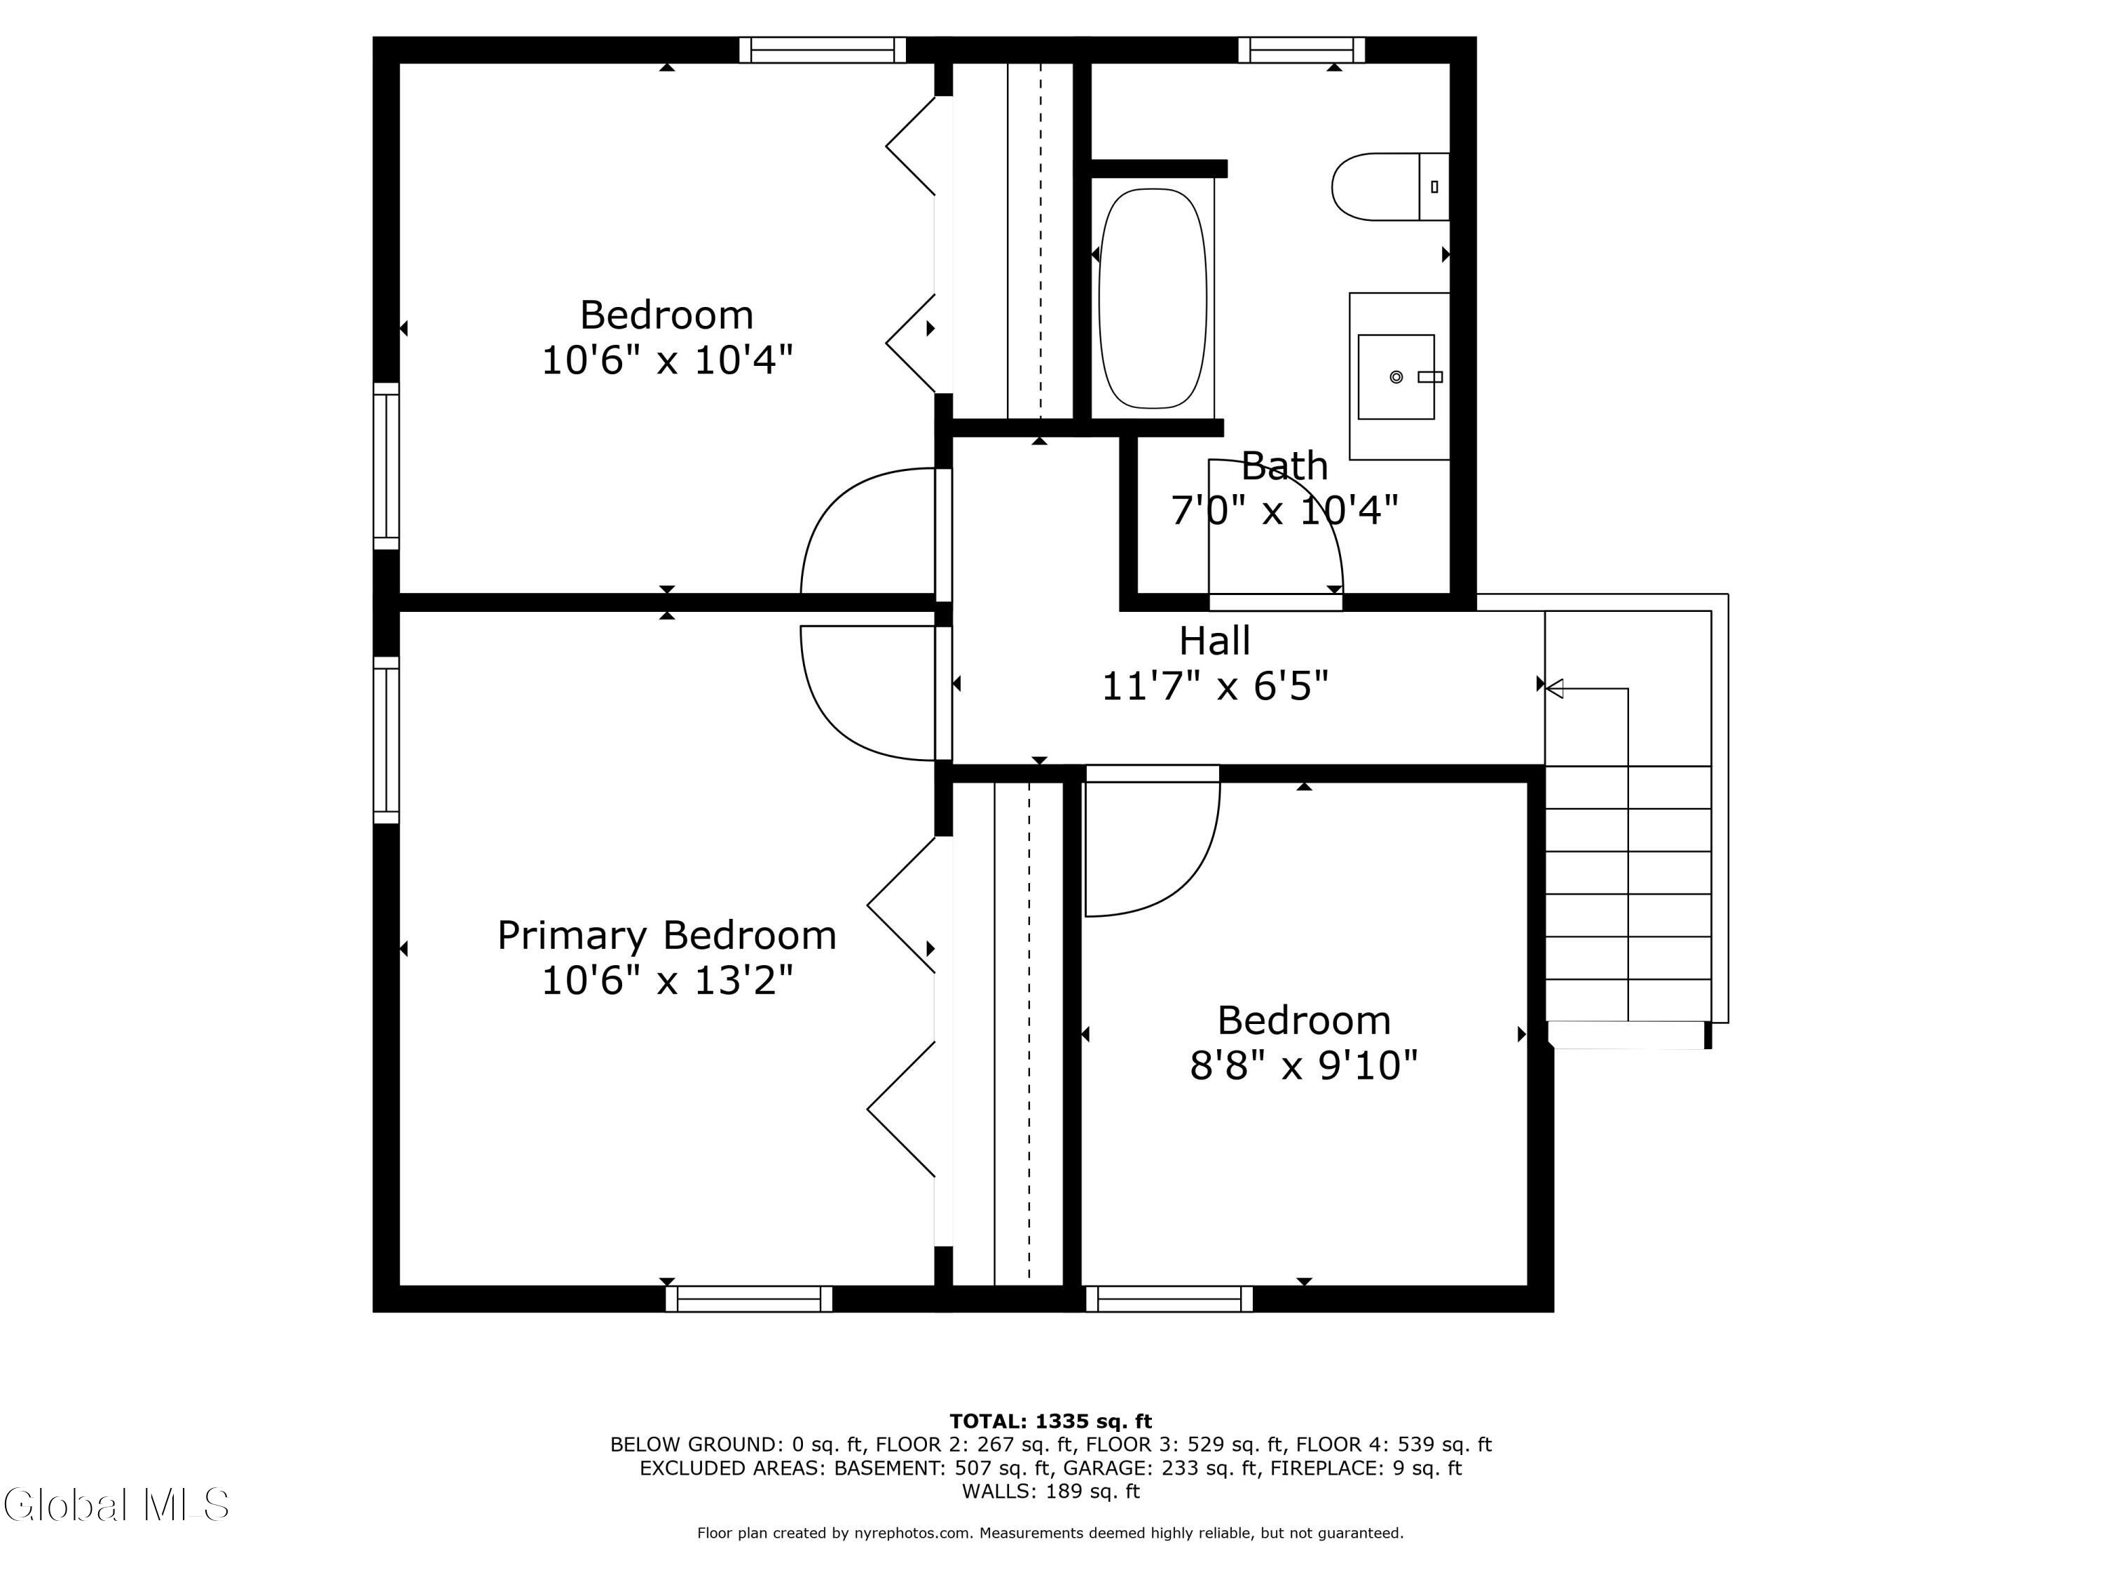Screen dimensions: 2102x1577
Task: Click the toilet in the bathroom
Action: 1389,186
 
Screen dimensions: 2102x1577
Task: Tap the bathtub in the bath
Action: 1153,299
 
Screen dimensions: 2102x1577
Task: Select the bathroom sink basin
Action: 1396,376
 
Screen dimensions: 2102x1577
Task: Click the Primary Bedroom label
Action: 667,936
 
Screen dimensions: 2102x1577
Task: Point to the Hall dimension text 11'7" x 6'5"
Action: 1214,684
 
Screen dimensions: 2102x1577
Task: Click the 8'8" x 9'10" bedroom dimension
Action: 1304,1065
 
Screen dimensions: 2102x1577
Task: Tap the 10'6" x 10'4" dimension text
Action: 667,360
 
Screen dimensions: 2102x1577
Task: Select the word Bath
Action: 1285,466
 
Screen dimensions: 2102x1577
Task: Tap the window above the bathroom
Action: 1301,50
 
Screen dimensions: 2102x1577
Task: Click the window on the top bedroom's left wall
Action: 386,466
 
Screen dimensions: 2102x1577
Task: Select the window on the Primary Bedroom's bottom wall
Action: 749,1299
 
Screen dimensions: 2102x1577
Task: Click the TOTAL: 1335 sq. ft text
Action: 1050,1421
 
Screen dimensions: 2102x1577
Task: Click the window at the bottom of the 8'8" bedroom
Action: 1169,1299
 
